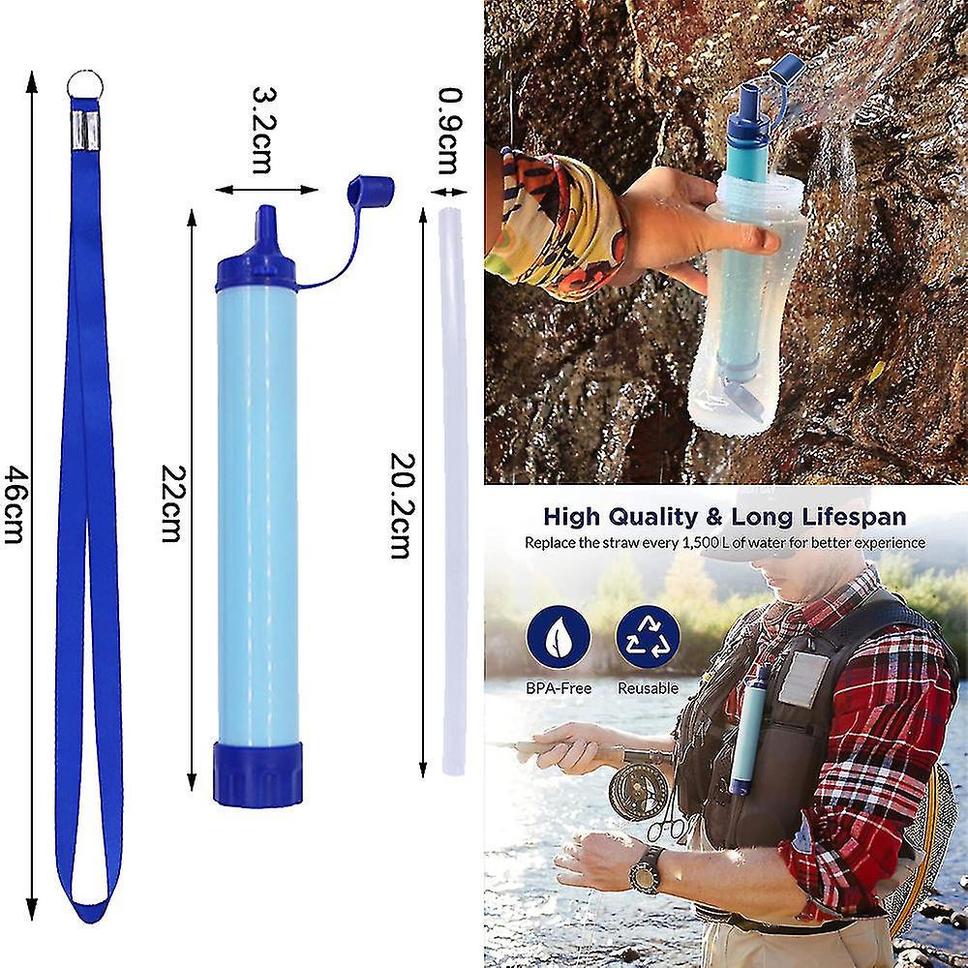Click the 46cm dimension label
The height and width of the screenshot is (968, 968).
tap(15, 504)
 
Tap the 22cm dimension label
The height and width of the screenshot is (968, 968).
tap(172, 503)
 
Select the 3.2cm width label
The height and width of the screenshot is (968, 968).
tap(264, 131)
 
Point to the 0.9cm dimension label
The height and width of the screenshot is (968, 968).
tap(450, 132)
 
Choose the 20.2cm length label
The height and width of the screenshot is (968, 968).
tap(402, 505)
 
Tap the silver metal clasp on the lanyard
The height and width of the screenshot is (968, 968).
tap(85, 131)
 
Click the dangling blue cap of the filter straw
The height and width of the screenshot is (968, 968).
tap(371, 192)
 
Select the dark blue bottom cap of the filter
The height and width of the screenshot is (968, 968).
tap(257, 773)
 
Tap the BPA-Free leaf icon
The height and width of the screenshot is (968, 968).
tap(559, 637)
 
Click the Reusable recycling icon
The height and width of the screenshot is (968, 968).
tap(648, 637)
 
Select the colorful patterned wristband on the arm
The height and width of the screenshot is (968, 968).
tap(555, 225)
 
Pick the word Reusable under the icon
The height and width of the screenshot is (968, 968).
tap(648, 687)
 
